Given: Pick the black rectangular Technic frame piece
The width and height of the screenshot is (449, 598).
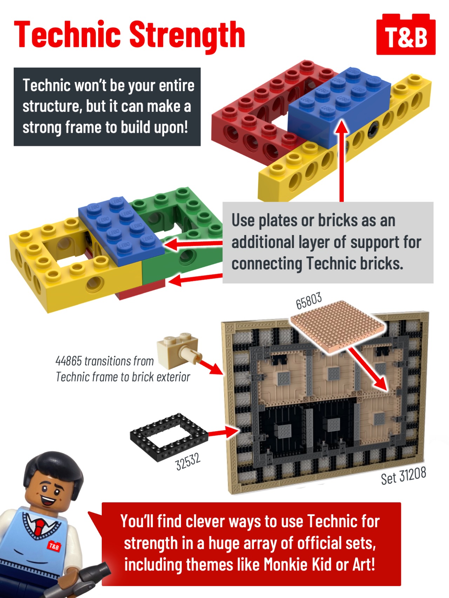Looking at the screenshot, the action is click(169, 435).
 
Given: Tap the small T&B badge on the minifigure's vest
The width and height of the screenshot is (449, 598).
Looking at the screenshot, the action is click(54, 546).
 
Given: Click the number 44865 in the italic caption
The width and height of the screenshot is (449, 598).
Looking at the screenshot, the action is click(68, 361).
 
